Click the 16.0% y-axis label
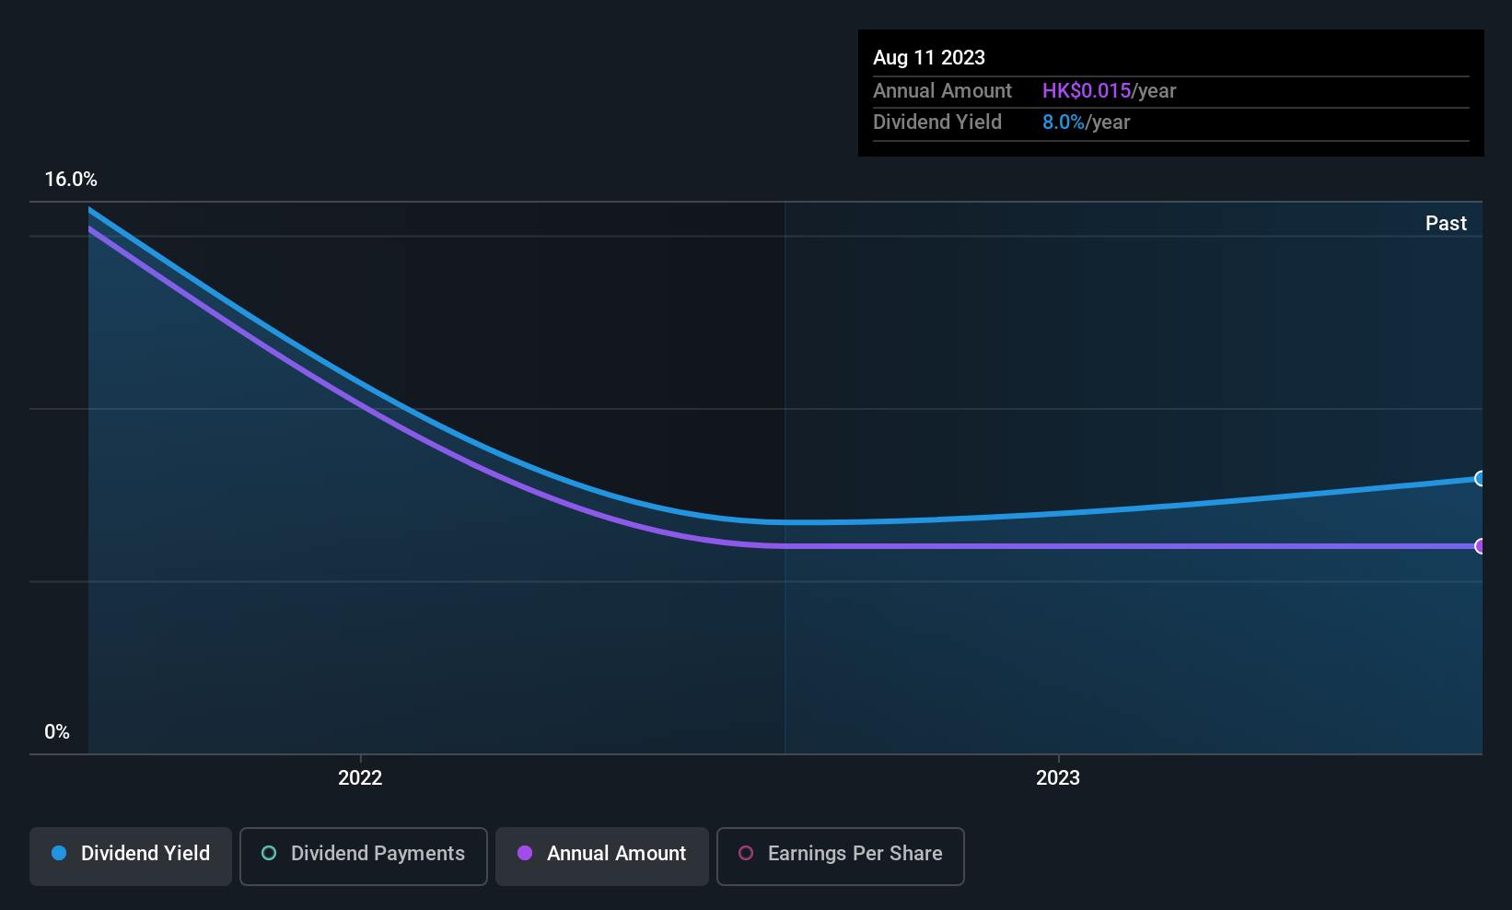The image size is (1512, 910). [x=71, y=180]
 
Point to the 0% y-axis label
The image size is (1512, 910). [x=57, y=732]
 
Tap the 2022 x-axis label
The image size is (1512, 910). [x=360, y=777]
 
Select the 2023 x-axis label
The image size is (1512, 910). [x=1058, y=777]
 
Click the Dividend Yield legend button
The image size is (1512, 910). [x=130, y=856]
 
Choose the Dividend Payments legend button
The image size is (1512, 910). [x=363, y=856]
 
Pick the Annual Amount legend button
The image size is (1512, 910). [x=602, y=856]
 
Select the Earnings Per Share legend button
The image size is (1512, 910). [x=841, y=856]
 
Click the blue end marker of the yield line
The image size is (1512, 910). [x=1479, y=479]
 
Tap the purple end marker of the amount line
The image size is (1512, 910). [x=1479, y=546]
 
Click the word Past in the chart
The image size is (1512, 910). [x=1446, y=224]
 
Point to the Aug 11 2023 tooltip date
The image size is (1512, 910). [x=929, y=58]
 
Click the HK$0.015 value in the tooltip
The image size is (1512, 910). [x=1086, y=91]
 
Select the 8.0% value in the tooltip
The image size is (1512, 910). [x=1064, y=122]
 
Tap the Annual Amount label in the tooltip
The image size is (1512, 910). [x=942, y=91]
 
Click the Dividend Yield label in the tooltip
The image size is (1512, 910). [x=937, y=122]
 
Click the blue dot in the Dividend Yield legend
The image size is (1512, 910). [x=60, y=853]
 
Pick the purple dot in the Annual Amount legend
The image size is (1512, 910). [x=525, y=853]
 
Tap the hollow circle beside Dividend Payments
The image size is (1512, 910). [x=269, y=853]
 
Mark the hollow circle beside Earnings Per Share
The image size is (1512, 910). [x=746, y=853]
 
